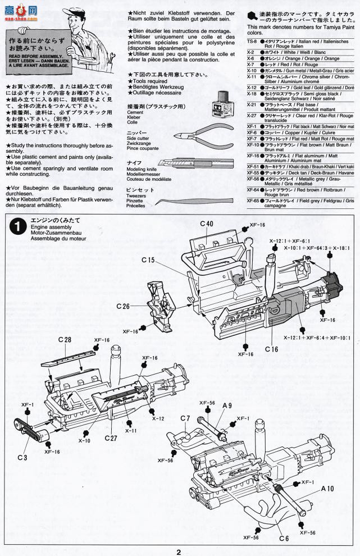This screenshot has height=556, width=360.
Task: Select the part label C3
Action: tap(21, 458)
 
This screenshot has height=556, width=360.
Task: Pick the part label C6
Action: tap(284, 538)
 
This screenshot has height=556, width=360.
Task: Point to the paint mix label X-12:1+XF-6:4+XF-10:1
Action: tap(316, 338)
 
